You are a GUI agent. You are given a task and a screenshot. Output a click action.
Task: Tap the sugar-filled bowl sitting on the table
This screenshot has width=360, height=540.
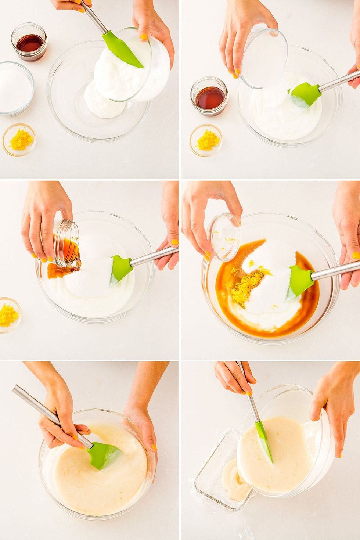[15, 89]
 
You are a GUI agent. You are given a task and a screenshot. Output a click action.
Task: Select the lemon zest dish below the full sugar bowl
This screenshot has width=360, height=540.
[19, 140]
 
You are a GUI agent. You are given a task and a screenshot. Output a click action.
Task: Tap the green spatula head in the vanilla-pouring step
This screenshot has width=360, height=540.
[121, 268]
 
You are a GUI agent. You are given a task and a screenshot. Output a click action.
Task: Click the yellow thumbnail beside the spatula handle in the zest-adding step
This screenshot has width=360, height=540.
[355, 255]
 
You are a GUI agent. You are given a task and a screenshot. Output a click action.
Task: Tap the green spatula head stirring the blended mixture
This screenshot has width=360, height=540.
[105, 456]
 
